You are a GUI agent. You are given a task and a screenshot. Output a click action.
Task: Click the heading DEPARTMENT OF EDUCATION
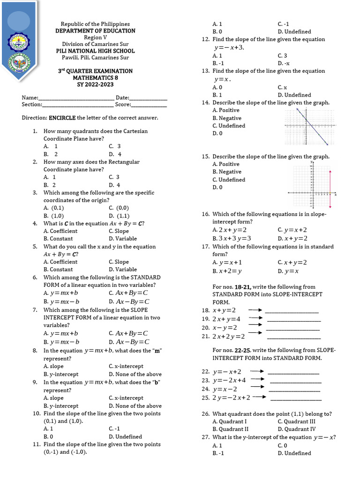(x=95, y=31)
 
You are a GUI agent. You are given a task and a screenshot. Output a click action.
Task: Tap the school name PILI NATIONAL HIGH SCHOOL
(x=95, y=51)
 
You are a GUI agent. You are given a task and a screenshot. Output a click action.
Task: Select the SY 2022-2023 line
(x=95, y=84)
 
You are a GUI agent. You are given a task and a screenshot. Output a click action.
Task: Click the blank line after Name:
(x=77, y=98)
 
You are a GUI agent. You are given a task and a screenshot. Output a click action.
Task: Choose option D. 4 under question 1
(x=115, y=154)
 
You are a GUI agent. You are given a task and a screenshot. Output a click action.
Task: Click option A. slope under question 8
(x=53, y=367)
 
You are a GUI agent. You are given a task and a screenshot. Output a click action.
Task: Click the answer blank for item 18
(x=292, y=311)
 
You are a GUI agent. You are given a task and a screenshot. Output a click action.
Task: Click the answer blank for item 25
(x=296, y=399)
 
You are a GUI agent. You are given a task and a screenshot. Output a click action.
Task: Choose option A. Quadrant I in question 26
(x=229, y=421)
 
